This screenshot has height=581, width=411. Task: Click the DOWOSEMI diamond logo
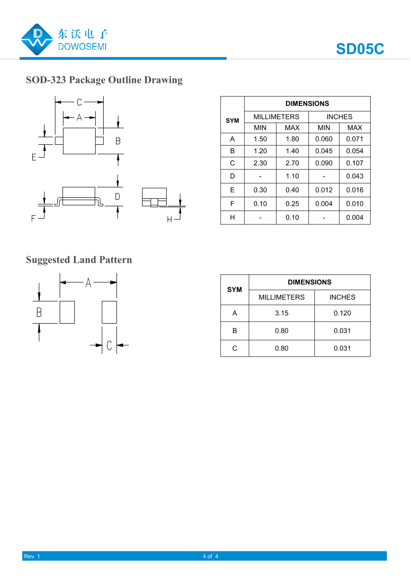37,40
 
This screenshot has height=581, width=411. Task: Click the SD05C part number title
360,49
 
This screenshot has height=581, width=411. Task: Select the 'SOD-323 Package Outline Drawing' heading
104,80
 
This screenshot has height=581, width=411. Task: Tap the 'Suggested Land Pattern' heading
79,260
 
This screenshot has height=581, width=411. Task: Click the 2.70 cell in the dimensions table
292,163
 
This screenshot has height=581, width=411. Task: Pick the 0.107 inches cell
355,163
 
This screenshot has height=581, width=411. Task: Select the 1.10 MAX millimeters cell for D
292,176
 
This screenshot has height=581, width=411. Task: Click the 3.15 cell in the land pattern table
281,313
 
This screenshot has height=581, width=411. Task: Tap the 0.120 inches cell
342,313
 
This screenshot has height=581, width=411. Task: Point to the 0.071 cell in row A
355,139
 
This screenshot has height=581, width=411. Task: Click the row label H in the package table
232,218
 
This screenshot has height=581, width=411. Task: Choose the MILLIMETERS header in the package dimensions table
276,117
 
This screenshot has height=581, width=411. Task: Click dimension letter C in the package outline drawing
80,102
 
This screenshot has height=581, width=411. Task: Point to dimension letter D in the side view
117,196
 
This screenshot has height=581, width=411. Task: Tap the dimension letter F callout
34,218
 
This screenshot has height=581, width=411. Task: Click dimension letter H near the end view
170,220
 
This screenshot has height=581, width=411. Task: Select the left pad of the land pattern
67,312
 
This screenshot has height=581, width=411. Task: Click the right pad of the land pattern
109,312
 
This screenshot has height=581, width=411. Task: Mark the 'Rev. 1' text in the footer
32,556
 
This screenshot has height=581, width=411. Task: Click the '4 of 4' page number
210,556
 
